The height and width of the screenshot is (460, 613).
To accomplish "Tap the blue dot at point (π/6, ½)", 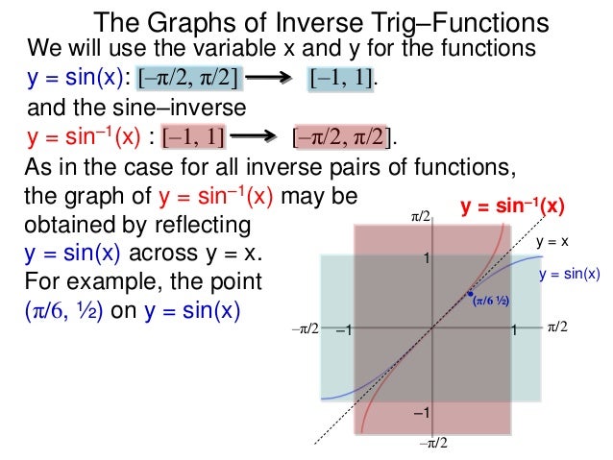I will [469, 294].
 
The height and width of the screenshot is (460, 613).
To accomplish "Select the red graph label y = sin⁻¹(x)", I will [512, 206].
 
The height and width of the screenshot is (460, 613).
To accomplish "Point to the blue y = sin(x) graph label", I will [569, 275].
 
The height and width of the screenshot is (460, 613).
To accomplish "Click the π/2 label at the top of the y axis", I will [420, 220].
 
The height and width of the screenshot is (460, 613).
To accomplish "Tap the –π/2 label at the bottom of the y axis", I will [433, 443].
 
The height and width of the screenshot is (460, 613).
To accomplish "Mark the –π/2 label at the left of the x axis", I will [305, 329].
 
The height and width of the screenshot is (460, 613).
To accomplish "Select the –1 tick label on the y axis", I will [420, 413].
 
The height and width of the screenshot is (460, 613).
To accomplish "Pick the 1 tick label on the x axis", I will [515, 331].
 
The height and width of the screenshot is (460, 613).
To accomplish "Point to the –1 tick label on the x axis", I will [344, 331].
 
